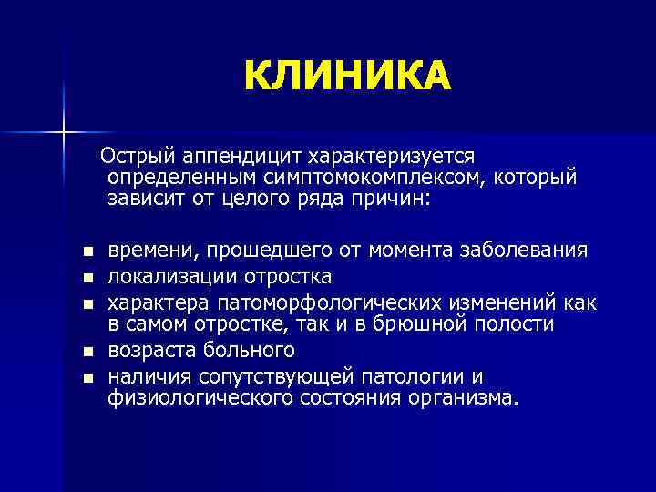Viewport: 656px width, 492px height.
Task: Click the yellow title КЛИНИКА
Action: (347, 77)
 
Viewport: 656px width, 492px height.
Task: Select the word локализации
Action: (166, 275)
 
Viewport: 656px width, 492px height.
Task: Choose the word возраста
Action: (155, 351)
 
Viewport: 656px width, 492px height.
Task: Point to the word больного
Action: (252, 351)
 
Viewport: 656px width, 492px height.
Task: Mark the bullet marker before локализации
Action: (87, 276)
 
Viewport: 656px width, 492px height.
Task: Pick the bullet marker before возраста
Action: (87, 352)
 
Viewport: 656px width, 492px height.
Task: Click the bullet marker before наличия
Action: (87, 376)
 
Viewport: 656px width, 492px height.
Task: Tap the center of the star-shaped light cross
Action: (63, 133)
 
